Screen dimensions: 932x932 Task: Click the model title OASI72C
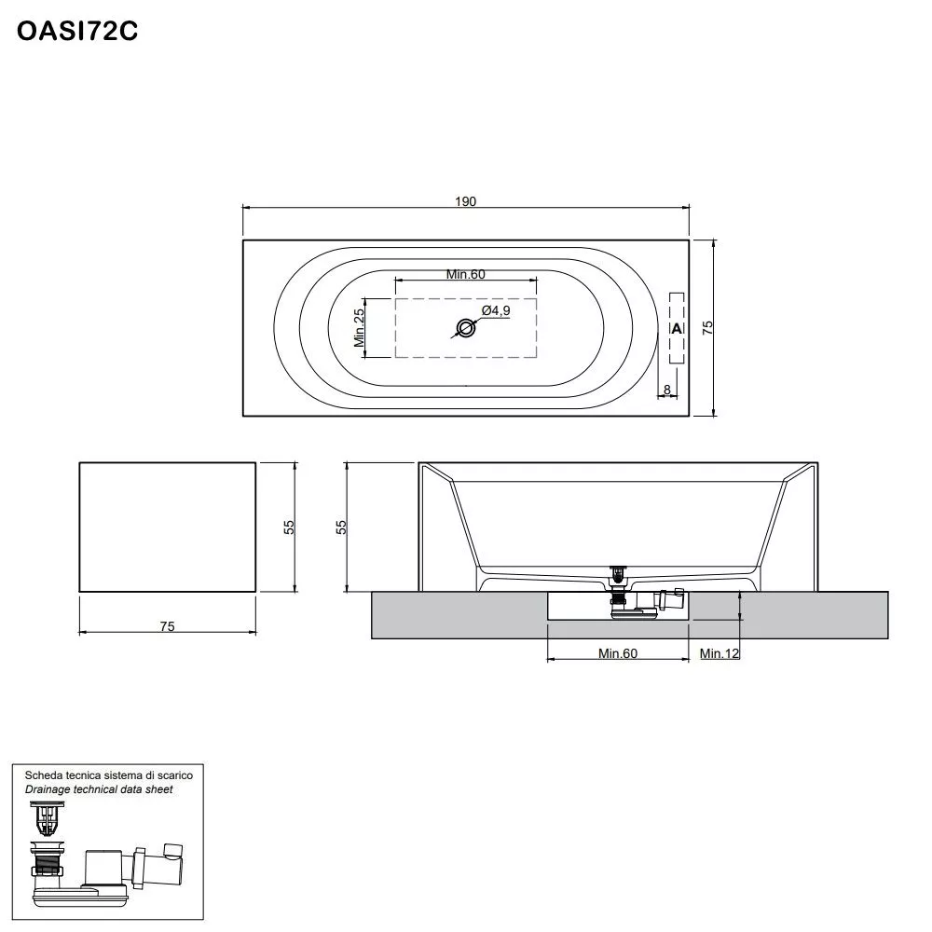[78, 32]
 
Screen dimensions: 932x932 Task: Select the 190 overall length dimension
[466, 201]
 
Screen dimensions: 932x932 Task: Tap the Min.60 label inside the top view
[466, 274]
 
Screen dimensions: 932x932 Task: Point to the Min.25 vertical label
[359, 327]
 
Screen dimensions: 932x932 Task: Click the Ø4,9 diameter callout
[495, 310]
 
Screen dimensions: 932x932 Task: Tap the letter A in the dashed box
[677, 328]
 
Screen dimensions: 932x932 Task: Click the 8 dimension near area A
[667, 389]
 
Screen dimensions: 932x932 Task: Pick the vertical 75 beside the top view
[707, 327]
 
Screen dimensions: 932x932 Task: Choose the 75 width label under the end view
[167, 626]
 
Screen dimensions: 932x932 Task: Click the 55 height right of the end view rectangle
[289, 527]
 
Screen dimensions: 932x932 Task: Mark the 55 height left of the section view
[342, 527]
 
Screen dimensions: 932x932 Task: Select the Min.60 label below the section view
[617, 653]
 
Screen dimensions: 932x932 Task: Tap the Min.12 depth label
[720, 653]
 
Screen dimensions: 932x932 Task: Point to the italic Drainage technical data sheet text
[99, 789]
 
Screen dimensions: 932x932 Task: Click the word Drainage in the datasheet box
[49, 789]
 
